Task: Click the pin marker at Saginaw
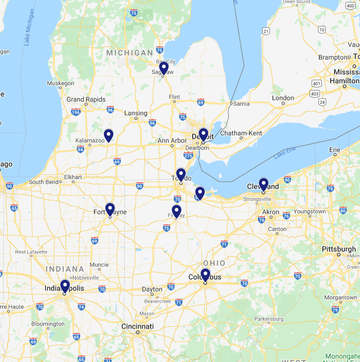163,69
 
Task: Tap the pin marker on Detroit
203,135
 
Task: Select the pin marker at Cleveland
263,185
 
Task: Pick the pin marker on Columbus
205,275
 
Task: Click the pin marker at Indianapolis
65,287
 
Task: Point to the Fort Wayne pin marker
110,210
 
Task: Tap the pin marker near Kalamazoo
108,136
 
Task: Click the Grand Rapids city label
87,100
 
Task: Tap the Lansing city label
136,113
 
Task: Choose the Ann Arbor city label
172,140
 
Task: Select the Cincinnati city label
138,326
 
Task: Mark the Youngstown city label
309,211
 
